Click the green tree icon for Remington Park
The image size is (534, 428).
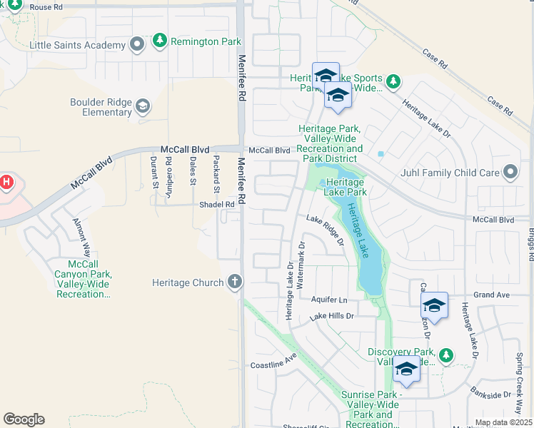pyautogui.click(x=160, y=41)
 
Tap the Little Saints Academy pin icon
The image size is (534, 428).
pyautogui.click(x=137, y=45)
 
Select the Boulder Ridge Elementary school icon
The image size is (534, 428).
pyautogui.click(x=143, y=107)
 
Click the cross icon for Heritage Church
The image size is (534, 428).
pyautogui.click(x=234, y=282)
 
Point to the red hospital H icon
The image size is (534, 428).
pyautogui.click(x=6, y=183)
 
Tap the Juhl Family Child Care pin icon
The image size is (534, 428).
pyautogui.click(x=510, y=173)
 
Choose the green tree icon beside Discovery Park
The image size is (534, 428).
pyautogui.click(x=445, y=355)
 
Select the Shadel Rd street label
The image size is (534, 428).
pyautogui.click(x=216, y=204)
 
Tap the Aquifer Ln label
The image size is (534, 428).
pyautogui.click(x=328, y=300)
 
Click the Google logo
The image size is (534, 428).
pyautogui.click(x=24, y=419)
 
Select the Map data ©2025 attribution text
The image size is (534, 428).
pyautogui.click(x=503, y=422)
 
